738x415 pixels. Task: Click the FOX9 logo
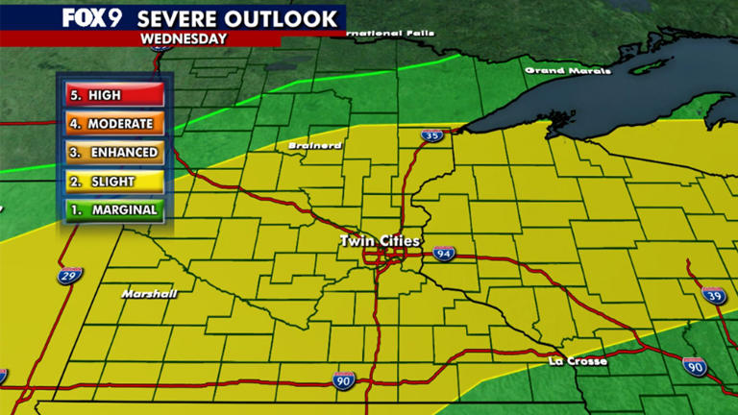point(91,17)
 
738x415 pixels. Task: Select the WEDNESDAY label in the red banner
point(184,39)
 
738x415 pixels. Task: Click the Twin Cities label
point(380,241)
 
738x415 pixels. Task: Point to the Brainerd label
point(314,146)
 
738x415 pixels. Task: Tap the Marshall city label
point(149,293)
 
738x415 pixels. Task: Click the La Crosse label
point(578,361)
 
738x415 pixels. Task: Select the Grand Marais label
point(566,70)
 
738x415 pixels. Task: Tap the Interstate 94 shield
point(443,255)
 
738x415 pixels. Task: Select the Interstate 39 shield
point(712,294)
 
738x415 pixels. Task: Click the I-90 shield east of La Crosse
point(695,365)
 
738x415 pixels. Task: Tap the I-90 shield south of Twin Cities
point(343,380)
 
